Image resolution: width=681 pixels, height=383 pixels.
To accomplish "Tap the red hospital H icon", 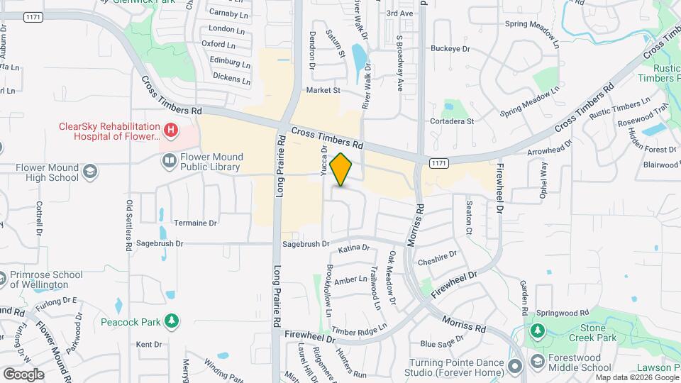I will (170, 131).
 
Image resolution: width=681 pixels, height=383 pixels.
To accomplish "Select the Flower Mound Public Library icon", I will (169, 161).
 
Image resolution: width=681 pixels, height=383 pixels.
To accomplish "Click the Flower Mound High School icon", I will (90, 171).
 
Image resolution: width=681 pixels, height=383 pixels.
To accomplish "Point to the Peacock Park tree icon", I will (171, 323).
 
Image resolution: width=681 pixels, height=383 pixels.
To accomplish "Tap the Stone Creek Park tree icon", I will (538, 331).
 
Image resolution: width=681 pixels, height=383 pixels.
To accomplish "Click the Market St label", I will (323, 91).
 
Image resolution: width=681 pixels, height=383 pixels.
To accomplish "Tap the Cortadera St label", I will (452, 121).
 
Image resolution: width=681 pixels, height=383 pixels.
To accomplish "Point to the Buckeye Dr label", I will (450, 49).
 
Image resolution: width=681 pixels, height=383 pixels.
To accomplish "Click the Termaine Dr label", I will (195, 223).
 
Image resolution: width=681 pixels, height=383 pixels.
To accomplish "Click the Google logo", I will (23, 374).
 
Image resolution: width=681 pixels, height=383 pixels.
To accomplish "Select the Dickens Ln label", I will (231, 78).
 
